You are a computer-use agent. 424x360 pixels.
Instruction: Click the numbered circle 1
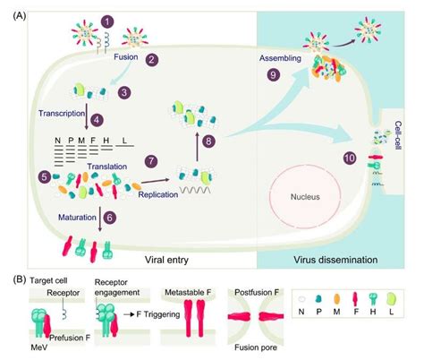pos(108,20)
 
